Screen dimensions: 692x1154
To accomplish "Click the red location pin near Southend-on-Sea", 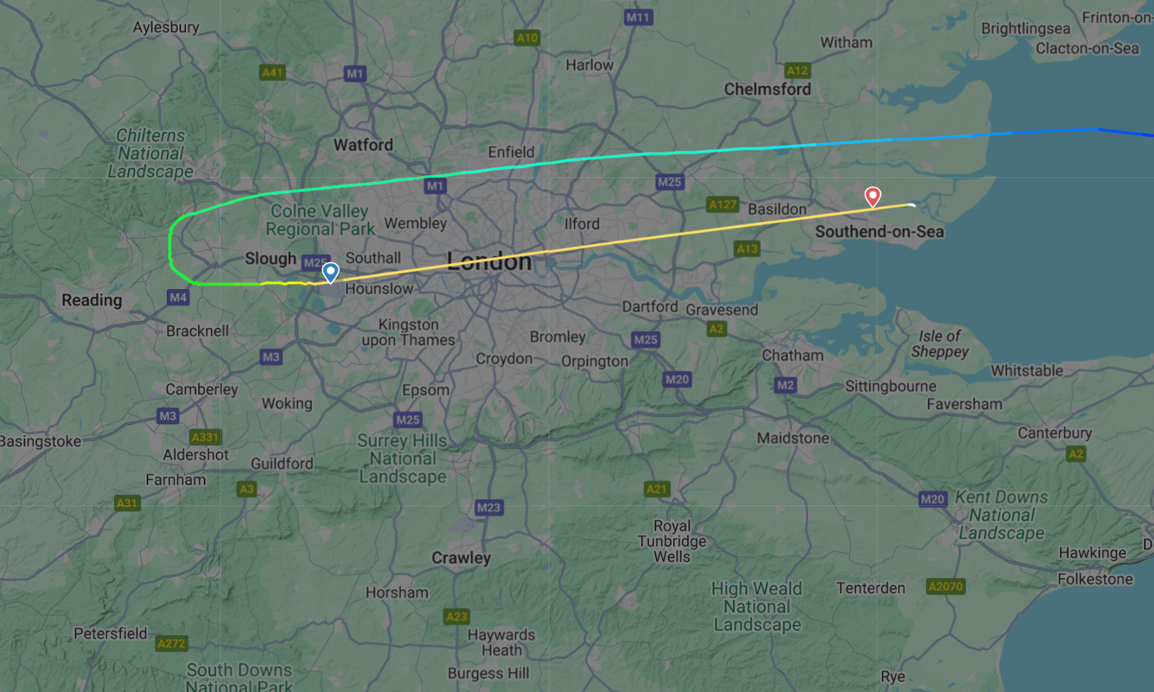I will tap(873, 196).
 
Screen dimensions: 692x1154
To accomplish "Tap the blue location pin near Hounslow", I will tap(331, 272).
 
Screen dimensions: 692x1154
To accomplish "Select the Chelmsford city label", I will tap(767, 89).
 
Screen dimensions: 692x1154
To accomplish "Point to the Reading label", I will tap(92, 300).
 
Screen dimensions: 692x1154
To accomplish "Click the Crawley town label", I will tap(461, 557).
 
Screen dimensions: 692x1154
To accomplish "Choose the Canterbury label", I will tap(1054, 433).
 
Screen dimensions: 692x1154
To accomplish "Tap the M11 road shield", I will tap(638, 17).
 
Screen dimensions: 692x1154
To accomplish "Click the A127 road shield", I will tap(722, 204).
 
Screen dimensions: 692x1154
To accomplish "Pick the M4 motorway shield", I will tap(178, 297).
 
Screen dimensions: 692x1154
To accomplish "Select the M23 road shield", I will tap(488, 507).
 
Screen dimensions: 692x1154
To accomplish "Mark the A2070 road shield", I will tap(945, 586).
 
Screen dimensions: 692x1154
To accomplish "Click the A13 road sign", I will tap(747, 248).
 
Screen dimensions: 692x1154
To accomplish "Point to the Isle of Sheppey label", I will tap(940, 343).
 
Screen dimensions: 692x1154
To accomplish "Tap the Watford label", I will tap(363, 145).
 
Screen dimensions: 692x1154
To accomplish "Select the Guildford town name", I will tap(282, 463).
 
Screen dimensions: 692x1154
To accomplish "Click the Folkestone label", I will tap(1095, 579).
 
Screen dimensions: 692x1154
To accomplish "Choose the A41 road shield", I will tap(272, 72).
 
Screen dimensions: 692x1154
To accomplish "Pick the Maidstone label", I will tap(793, 438).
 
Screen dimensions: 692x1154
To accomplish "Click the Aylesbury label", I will tap(166, 27).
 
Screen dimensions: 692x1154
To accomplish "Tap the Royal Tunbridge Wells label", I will tap(672, 541).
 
